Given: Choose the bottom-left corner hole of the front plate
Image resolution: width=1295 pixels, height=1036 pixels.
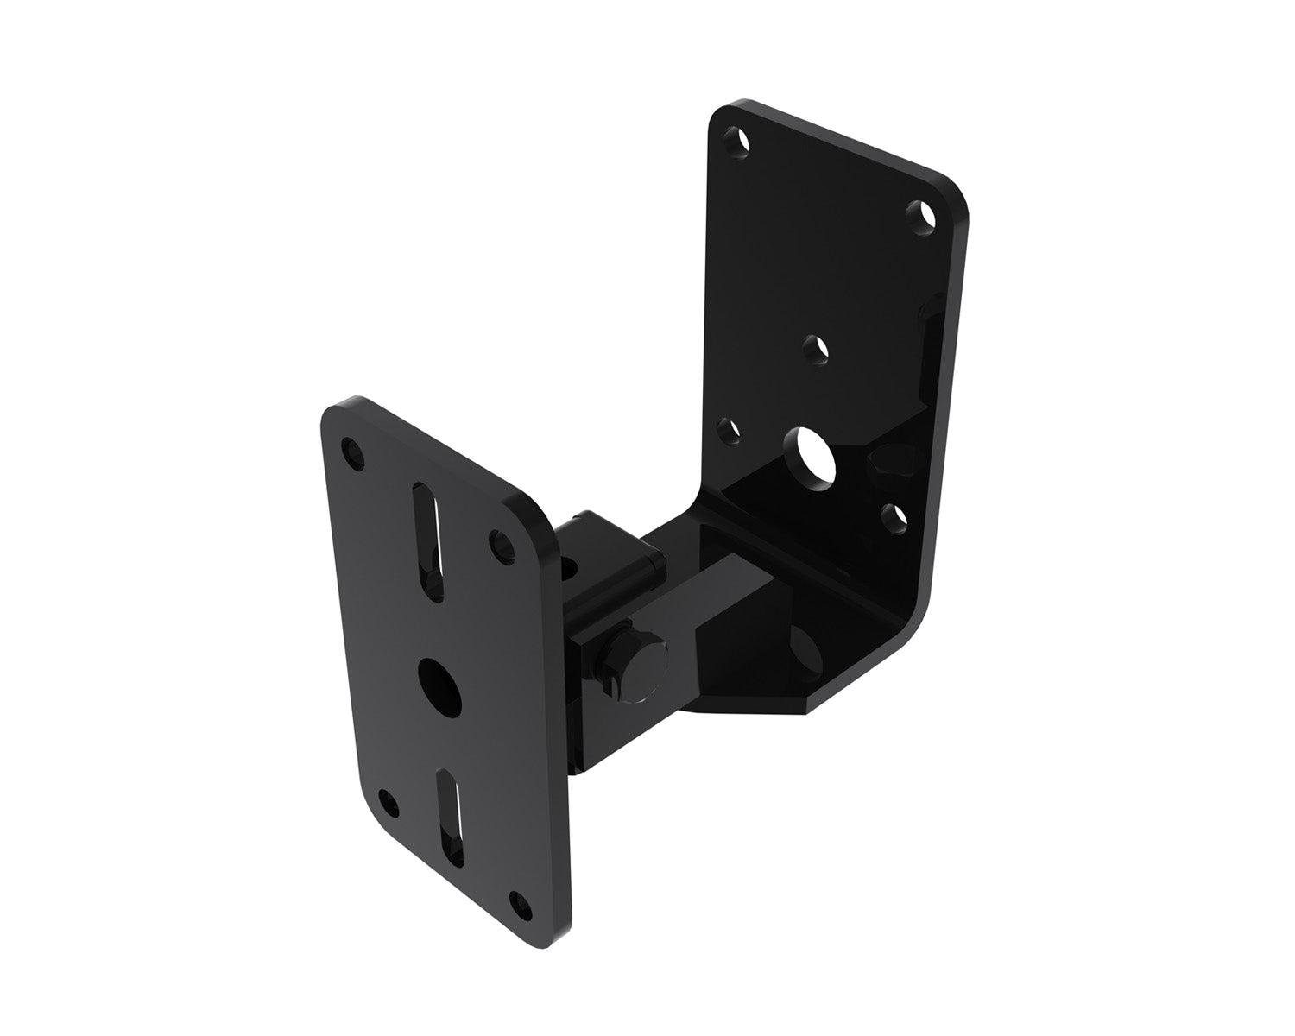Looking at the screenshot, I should coord(390,801).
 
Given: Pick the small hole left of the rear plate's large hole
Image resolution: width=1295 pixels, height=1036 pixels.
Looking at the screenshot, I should coord(730,429).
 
